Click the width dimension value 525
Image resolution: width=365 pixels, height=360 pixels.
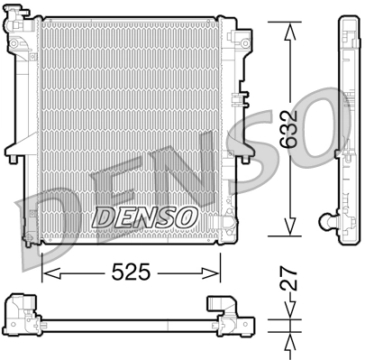pyautogui.click(x=132, y=270)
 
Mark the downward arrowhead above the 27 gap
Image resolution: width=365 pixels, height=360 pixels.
pyautogui.click(x=289, y=317)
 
